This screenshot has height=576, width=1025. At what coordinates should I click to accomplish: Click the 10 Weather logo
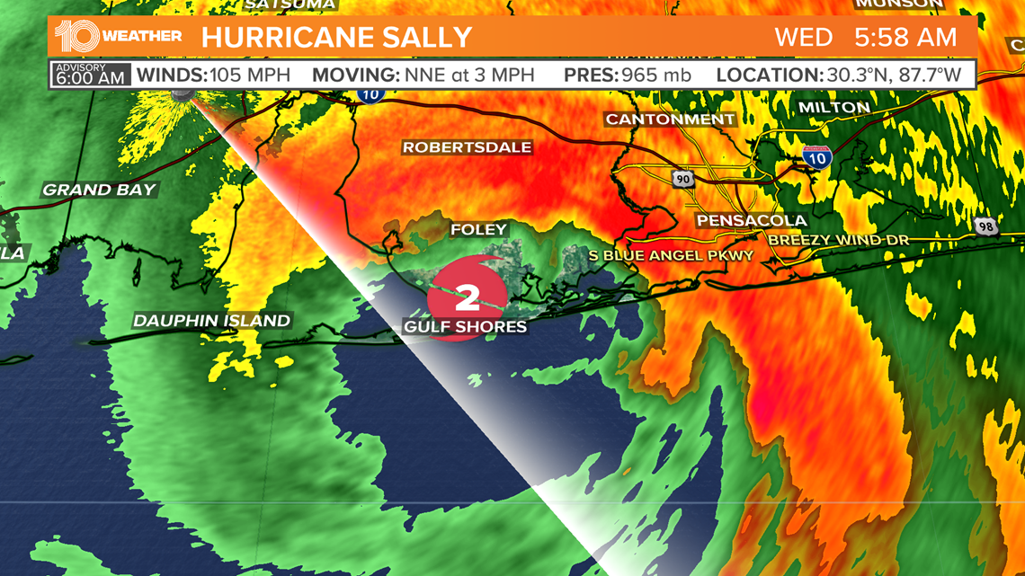click(x=118, y=37)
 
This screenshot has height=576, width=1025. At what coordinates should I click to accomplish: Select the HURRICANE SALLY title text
click(x=336, y=38)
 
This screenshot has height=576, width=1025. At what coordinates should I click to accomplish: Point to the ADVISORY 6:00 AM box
click(x=90, y=75)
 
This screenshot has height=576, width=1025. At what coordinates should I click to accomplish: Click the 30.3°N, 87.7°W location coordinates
click(x=893, y=75)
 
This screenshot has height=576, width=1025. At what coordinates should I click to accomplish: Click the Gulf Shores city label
click(x=465, y=326)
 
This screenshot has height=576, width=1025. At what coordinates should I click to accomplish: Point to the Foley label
click(x=479, y=230)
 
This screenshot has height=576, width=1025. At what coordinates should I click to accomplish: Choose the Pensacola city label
click(x=751, y=220)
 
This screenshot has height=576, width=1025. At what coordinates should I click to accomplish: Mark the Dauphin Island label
click(x=211, y=321)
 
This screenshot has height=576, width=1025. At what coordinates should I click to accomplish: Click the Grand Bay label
click(x=100, y=190)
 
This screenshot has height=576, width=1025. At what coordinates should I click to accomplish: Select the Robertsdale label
click(x=467, y=147)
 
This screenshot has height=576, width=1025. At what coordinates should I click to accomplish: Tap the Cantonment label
click(x=670, y=120)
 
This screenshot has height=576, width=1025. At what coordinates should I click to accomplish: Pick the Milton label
click(x=833, y=108)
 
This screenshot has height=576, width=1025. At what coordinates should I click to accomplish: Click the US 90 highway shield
click(x=683, y=179)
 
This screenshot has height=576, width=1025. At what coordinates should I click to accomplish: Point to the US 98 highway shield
click(x=985, y=226)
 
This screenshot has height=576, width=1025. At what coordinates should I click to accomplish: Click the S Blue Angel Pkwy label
click(x=671, y=256)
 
